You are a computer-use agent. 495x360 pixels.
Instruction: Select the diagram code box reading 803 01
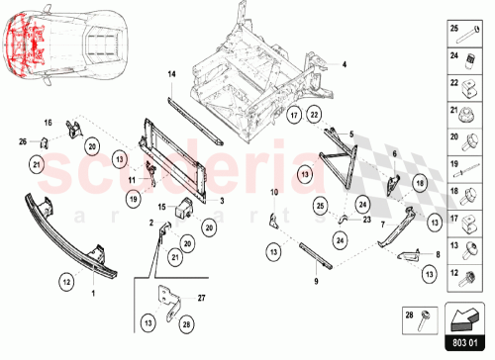point(464,343)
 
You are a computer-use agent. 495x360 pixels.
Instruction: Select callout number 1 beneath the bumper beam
point(94,295)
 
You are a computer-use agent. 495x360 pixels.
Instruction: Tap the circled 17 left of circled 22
point(293,117)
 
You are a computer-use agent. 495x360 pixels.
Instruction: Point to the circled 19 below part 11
point(132,200)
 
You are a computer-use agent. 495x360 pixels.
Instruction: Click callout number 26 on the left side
point(24,143)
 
